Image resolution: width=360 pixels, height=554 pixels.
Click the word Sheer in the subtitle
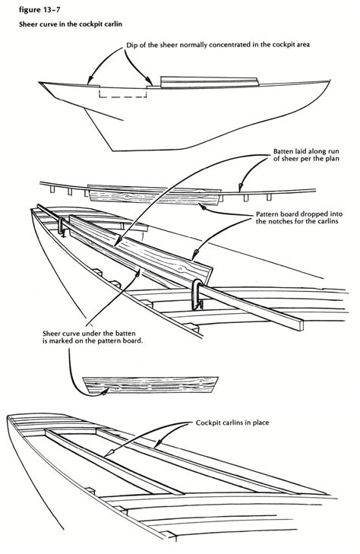point(30,24)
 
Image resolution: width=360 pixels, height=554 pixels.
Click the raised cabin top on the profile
point(210,79)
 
